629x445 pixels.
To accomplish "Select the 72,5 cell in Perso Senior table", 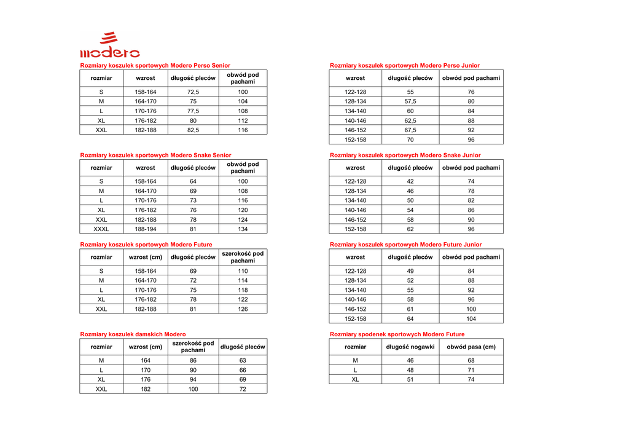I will pyautogui.click(x=193, y=92).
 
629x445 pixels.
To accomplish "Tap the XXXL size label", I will pyautogui.click(x=101, y=229).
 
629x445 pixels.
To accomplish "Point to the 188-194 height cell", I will pyautogui.click(x=146, y=229).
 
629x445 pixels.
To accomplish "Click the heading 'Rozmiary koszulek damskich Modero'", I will pyautogui.click(x=133, y=334).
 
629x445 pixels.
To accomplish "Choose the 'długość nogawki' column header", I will pyautogui.click(x=410, y=347).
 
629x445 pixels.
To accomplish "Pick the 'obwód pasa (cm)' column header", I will pyautogui.click(x=471, y=347).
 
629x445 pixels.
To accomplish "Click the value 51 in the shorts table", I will pyautogui.click(x=410, y=380).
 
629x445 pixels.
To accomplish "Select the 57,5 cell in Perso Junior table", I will pyautogui.click(x=410, y=101).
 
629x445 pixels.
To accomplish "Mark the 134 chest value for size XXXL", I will pyautogui.click(x=243, y=229).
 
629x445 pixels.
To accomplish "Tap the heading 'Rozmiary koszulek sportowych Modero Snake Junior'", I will pyautogui.click(x=405, y=156).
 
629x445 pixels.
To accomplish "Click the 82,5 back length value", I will pyautogui.click(x=193, y=130).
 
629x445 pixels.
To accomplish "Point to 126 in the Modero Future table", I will pyautogui.click(x=243, y=309).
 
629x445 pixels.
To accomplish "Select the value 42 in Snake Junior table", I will pyautogui.click(x=410, y=181).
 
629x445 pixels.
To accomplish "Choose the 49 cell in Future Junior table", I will pyautogui.click(x=410, y=271).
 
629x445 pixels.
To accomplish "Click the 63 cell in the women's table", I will pyautogui.click(x=243, y=361).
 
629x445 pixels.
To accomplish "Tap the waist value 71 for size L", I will pyautogui.click(x=471, y=371).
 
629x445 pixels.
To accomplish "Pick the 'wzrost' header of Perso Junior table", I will pyautogui.click(x=355, y=78).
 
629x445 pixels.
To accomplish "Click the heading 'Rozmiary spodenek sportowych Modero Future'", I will pyautogui.click(x=397, y=334).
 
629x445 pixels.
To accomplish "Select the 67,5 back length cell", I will pyautogui.click(x=410, y=130).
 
